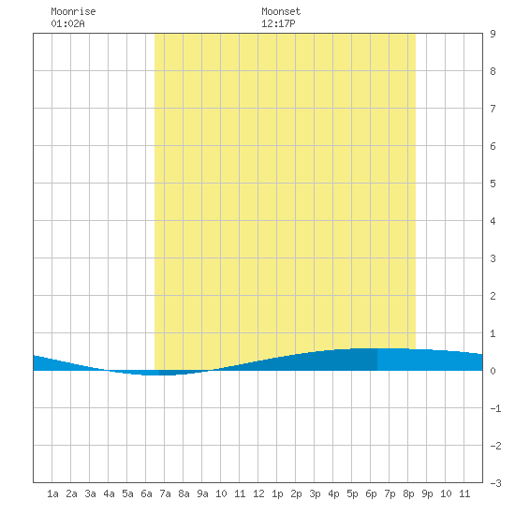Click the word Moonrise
coord(73,11)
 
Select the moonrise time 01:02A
coord(67,23)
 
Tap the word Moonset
coord(281,11)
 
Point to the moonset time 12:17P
coord(278,23)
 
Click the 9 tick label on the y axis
coord(493,34)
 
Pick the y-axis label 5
coord(493,184)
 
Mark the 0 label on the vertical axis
coord(493,371)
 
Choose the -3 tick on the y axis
coord(495,483)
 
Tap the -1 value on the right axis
coord(495,408)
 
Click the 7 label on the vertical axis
coord(493,109)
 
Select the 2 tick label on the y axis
coord(493,296)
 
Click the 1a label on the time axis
coord(52,493)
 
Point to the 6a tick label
coord(146,493)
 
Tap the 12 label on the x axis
coord(258,493)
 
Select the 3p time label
coord(315,493)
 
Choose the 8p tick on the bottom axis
coord(408,493)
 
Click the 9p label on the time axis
coord(427,493)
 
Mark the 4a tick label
coord(109,493)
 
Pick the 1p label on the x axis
coord(277,493)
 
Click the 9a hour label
coord(202,493)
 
